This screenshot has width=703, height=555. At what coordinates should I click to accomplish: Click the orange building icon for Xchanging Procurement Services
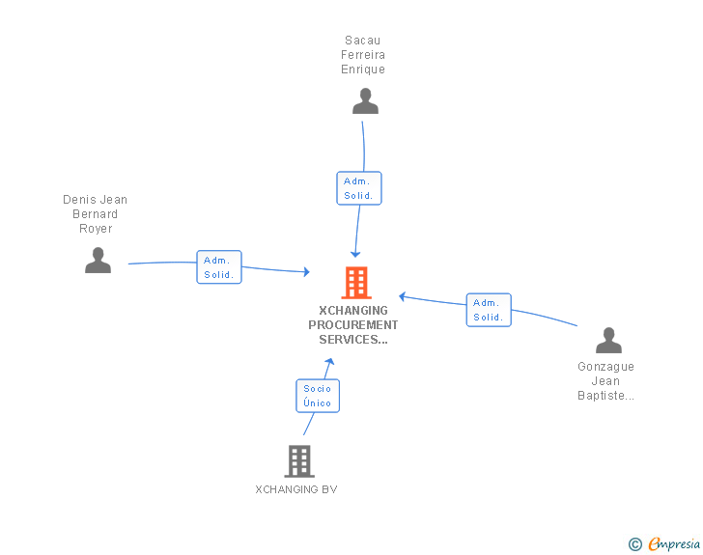coord(356,283)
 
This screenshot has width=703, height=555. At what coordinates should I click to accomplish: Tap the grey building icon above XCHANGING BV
coord(299,461)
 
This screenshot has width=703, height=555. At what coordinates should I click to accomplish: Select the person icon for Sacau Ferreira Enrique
coord(365,101)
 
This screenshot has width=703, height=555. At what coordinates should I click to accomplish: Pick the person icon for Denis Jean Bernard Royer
coord(98,261)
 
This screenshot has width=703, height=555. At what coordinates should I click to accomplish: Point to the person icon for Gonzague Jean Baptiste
coord(608,341)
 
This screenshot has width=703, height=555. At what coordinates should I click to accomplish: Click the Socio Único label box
coord(318,396)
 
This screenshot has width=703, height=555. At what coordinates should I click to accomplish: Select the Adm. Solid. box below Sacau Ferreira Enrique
coord(359,188)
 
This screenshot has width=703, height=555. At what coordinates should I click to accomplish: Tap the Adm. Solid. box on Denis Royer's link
coord(219,267)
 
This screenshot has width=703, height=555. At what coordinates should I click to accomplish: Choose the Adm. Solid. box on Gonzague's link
coord(489,310)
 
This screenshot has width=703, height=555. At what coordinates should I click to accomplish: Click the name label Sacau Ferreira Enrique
coord(363,55)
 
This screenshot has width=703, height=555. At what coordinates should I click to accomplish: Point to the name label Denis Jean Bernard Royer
coord(96,214)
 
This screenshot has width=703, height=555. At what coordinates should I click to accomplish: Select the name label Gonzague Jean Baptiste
coord(606,381)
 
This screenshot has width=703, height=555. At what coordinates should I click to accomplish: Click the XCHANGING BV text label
coord(296,489)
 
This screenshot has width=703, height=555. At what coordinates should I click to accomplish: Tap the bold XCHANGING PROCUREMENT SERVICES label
coord(353,325)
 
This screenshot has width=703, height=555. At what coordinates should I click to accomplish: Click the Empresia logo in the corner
coord(674,544)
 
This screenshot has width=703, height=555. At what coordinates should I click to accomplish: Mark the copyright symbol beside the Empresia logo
coord(635,544)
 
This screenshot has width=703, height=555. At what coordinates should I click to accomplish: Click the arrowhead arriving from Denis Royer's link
coord(305,273)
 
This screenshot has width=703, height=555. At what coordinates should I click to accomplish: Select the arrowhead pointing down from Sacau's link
coord(355,253)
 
